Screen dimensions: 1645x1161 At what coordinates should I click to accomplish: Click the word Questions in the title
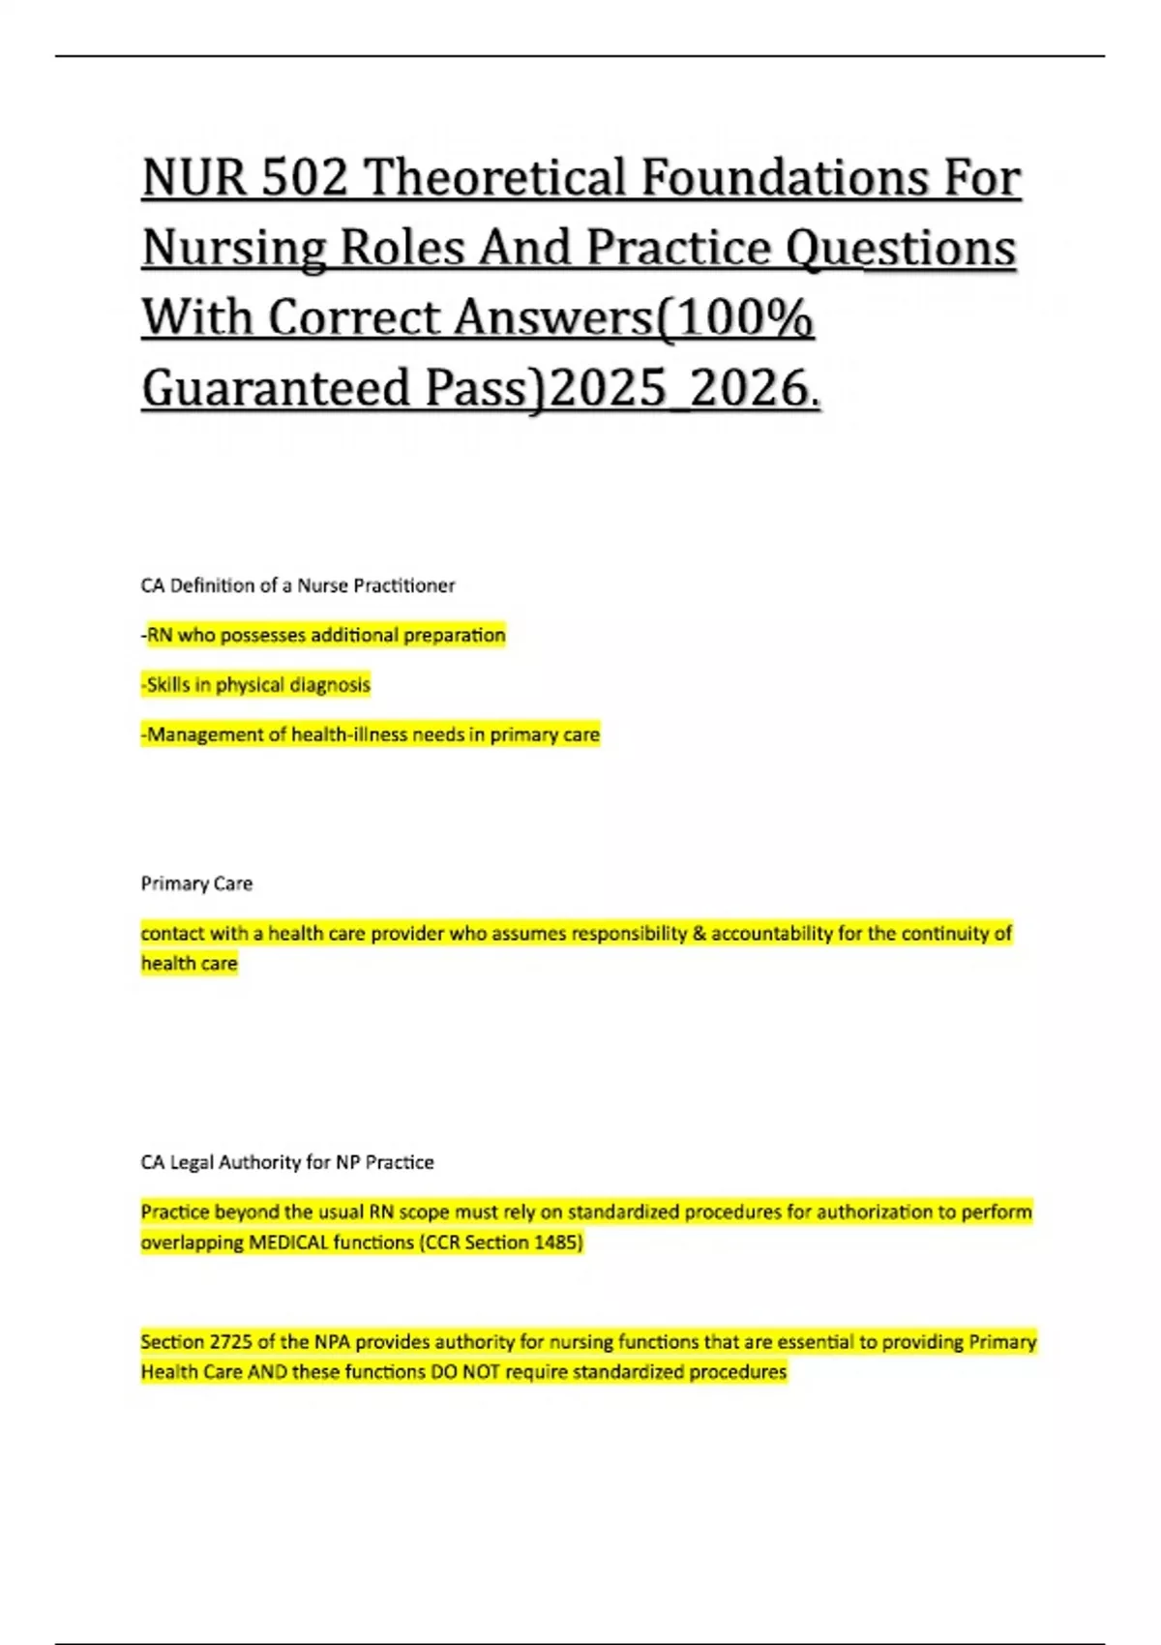click(x=900, y=249)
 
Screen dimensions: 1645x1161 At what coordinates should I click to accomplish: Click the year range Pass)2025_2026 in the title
click(x=619, y=388)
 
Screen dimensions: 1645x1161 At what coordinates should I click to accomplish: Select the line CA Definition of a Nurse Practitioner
click(x=298, y=585)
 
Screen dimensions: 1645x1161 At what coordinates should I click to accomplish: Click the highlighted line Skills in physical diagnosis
click(x=256, y=685)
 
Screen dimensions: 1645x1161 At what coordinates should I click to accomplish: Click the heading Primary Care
click(x=196, y=883)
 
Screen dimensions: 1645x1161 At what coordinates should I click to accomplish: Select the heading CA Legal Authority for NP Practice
click(x=287, y=1162)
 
